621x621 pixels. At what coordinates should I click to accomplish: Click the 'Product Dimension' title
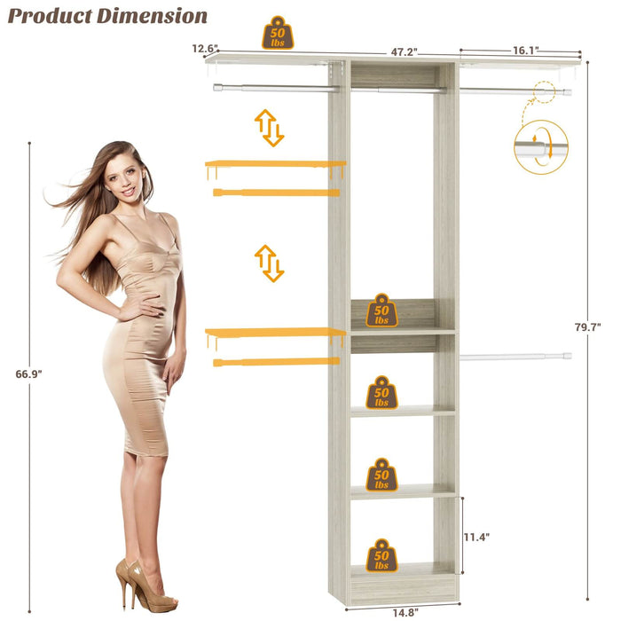108,16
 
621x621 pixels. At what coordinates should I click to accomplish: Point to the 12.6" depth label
203,50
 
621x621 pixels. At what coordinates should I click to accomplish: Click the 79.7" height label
587,327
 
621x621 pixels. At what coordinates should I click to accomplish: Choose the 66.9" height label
28,374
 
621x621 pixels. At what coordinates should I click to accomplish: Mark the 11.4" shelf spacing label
476,537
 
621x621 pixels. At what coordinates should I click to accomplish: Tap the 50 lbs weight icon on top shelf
278,34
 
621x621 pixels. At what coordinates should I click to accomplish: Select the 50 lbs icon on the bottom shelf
381,555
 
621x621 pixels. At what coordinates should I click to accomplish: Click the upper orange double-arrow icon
269,128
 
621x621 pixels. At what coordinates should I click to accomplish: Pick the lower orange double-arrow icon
269,263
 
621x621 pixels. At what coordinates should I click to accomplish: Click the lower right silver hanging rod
515,357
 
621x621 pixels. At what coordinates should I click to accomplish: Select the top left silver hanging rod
275,88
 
